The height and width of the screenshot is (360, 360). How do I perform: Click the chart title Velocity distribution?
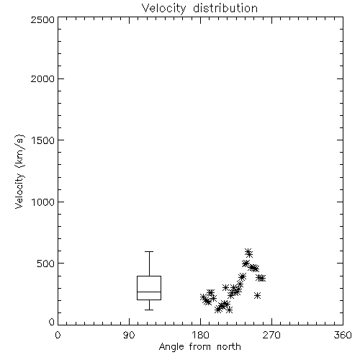[x=199, y=9]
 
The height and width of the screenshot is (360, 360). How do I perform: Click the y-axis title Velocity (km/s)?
[x=19, y=171]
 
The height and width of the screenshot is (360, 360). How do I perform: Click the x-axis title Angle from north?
[x=199, y=347]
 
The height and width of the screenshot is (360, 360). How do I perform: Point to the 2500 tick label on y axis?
[x=42, y=19]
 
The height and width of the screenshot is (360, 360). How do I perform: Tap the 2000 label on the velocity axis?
[x=42, y=78]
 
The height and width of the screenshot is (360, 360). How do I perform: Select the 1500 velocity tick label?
[x=43, y=140]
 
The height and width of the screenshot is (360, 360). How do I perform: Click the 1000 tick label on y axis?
[x=43, y=202]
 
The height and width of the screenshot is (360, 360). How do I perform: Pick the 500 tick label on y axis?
[x=46, y=264]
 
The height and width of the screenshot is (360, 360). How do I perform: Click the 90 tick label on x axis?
[x=129, y=335]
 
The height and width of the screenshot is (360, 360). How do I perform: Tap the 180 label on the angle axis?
[x=200, y=335]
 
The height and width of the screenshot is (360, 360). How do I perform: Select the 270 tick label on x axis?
[x=271, y=335]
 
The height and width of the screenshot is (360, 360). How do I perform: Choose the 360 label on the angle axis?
[x=343, y=335]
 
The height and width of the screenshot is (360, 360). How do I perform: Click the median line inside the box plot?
[x=149, y=292]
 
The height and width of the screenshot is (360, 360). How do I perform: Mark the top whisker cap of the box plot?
[x=149, y=251]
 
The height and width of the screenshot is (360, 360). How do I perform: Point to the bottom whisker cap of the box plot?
[x=149, y=310]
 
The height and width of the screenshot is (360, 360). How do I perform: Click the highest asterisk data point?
[x=248, y=251]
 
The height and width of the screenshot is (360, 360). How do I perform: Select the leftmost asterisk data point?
[x=203, y=297]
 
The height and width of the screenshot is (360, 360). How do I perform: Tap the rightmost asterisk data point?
[x=262, y=278]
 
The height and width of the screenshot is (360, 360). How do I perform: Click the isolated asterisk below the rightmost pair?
[x=258, y=295]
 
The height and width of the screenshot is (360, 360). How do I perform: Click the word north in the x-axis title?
[x=229, y=347]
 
